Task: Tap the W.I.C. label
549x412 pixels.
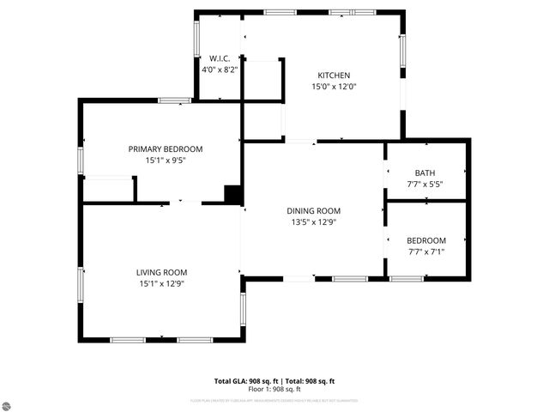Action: [213, 59]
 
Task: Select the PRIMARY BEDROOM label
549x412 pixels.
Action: [166, 148]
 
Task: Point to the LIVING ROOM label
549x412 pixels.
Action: [161, 272]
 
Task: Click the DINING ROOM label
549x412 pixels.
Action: [313, 210]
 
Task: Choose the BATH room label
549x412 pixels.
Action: [425, 173]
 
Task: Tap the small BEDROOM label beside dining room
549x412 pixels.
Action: [425, 240]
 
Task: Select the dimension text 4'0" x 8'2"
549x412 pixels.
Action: [213, 70]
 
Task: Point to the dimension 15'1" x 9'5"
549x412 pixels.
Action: [166, 160]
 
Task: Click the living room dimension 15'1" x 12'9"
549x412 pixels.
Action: [161, 283]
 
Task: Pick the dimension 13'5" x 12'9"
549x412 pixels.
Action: [313, 221]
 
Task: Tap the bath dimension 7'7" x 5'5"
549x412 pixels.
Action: [425, 184]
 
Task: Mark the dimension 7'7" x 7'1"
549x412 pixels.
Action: [425, 251]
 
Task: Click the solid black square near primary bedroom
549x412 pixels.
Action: [232, 194]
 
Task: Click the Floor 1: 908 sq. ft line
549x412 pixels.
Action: [274, 389]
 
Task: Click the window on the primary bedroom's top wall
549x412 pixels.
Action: [174, 101]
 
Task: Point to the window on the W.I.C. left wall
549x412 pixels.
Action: [196, 39]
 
